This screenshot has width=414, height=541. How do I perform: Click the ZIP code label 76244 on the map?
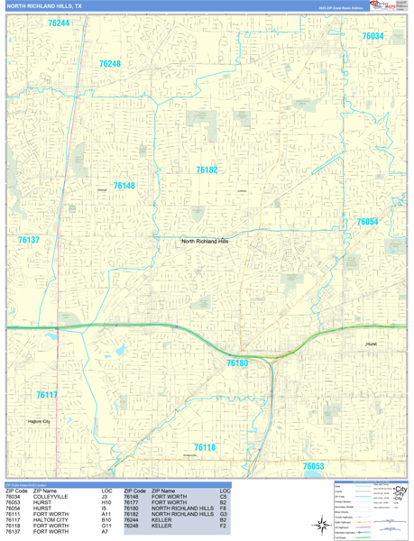(59, 23)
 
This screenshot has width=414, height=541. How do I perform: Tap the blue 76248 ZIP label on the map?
(109, 64)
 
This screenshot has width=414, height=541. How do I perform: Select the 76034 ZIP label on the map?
(372, 36)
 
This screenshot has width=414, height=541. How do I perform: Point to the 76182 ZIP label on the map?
(207, 170)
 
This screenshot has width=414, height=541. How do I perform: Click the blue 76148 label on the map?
(124, 186)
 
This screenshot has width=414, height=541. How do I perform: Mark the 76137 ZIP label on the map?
(28, 240)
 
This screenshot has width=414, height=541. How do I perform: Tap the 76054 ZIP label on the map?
(367, 222)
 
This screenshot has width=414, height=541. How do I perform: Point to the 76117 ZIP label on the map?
(47, 395)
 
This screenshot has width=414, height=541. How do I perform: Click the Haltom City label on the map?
(39, 421)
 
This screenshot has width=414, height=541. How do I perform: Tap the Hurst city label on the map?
(372, 344)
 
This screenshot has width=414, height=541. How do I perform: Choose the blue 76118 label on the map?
(205, 447)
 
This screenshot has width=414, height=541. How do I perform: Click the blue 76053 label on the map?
(313, 466)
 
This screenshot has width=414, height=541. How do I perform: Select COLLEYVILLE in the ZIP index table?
(51, 496)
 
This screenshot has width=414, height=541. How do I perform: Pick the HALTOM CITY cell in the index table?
(51, 520)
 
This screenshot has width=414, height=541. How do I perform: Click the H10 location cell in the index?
(106, 502)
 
